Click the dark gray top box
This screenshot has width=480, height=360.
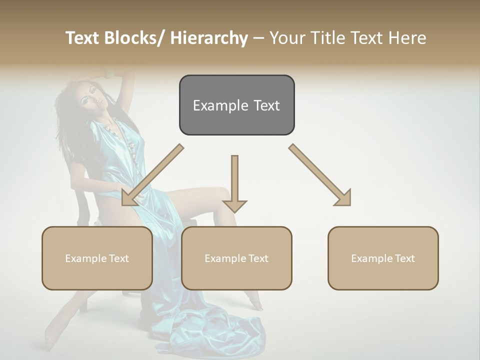236,105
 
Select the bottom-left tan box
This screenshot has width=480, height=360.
97,258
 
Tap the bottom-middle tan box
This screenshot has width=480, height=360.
236,258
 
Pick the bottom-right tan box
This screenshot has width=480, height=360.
383,258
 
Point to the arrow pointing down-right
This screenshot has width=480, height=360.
320,175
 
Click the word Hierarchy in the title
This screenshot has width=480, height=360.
209,38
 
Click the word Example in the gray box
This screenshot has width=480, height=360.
220,105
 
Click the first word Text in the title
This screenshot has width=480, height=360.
82,38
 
